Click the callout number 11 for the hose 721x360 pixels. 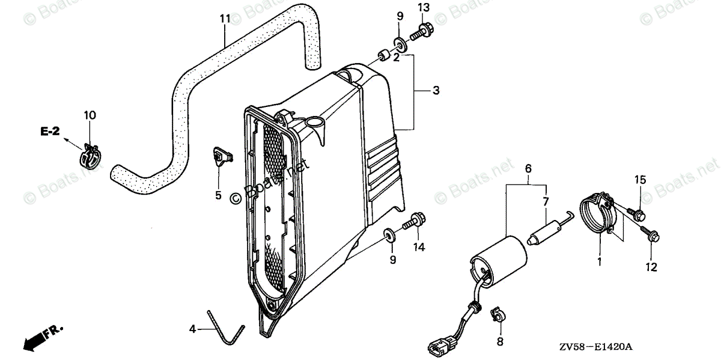pos(225,19)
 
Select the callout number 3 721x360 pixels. pos(436,91)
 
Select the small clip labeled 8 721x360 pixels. pos(497,315)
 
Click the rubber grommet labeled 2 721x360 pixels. pos(381,57)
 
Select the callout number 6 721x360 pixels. pos(528,168)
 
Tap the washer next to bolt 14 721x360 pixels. pos(389,234)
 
